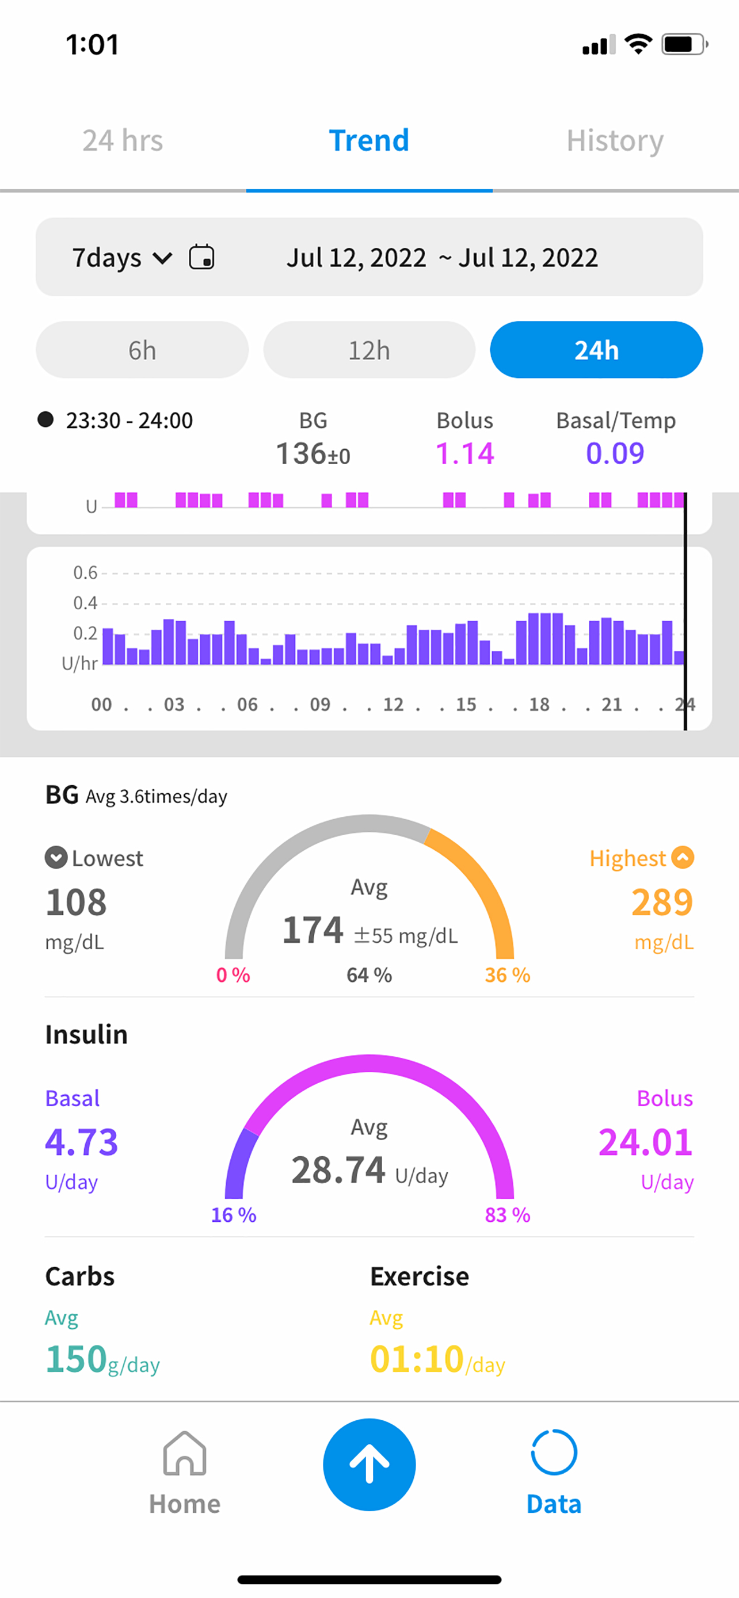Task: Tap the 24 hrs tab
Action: point(123,141)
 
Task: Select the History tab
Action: point(615,141)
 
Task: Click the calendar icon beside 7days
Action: point(201,257)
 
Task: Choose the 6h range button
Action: point(142,350)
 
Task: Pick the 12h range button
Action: point(369,350)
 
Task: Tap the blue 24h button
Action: point(596,350)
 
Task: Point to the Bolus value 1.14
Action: point(464,453)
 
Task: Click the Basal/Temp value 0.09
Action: point(615,453)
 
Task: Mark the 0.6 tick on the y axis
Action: point(85,572)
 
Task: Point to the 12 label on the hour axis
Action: point(394,705)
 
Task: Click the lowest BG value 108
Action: point(76,902)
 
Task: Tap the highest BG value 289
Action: point(662,902)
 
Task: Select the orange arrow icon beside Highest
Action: point(683,858)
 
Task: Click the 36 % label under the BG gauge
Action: point(508,975)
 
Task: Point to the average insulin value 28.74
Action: point(339,1171)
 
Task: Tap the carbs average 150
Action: point(77,1359)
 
